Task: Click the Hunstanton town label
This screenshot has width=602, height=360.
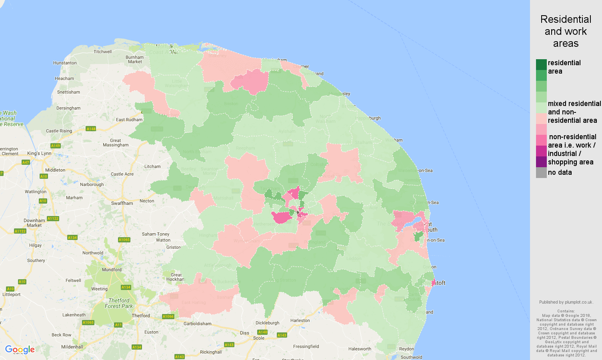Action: pos(65,63)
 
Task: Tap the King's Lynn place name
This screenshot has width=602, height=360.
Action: pos(39,153)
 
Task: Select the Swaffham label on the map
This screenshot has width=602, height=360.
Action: pos(122,203)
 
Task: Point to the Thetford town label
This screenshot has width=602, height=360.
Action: pos(141,316)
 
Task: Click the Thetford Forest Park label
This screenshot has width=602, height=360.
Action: pos(119,303)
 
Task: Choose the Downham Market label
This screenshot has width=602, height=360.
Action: pos(34,223)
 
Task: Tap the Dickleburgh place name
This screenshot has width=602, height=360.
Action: pos(267,323)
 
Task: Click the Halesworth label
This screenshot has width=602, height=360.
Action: pos(360,349)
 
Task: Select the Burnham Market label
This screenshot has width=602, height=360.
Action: pos(135,60)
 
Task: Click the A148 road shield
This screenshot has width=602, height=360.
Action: pos(91,129)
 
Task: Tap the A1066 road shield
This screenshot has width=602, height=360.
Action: pos(168,316)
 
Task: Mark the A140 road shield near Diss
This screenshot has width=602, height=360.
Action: pos(262,332)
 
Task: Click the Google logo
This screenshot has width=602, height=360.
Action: pos(20,350)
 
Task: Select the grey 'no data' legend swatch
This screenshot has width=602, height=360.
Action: pos(541,173)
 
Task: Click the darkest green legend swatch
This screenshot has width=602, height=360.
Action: pos(541,64)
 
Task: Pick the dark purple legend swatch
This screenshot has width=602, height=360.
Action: pos(541,162)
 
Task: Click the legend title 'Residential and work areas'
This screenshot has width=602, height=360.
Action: pos(566,31)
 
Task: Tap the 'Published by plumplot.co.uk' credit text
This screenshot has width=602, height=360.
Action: pos(566,302)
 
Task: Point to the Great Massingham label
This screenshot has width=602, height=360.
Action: pos(116,143)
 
